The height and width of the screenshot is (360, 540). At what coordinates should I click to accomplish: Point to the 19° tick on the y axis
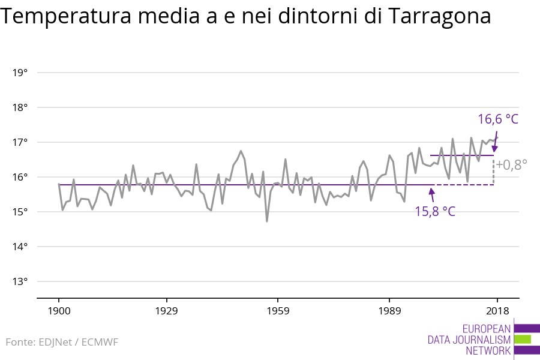click(20, 73)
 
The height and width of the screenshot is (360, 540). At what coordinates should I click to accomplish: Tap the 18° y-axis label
click(20, 108)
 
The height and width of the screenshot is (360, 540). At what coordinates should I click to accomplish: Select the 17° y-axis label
click(20, 143)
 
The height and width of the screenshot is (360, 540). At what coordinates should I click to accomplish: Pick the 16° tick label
click(20, 178)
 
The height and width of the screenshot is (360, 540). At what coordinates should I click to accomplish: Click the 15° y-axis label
click(20, 212)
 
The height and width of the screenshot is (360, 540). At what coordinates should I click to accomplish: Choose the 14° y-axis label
click(20, 247)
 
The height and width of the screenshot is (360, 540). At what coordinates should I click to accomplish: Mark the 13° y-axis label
click(20, 282)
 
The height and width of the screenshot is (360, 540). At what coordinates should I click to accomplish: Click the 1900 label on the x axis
click(59, 311)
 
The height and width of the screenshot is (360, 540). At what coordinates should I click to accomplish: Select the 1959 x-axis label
click(277, 311)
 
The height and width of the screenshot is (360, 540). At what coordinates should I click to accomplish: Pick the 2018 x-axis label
click(497, 311)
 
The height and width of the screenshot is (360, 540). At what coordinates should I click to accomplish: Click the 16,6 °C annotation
click(497, 119)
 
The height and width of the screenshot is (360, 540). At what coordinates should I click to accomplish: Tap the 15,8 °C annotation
click(435, 211)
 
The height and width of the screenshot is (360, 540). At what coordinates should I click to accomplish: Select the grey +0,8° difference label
click(512, 164)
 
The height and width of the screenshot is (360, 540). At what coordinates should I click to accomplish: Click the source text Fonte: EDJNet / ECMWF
click(62, 342)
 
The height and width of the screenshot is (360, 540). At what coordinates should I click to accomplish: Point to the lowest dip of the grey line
click(267, 221)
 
